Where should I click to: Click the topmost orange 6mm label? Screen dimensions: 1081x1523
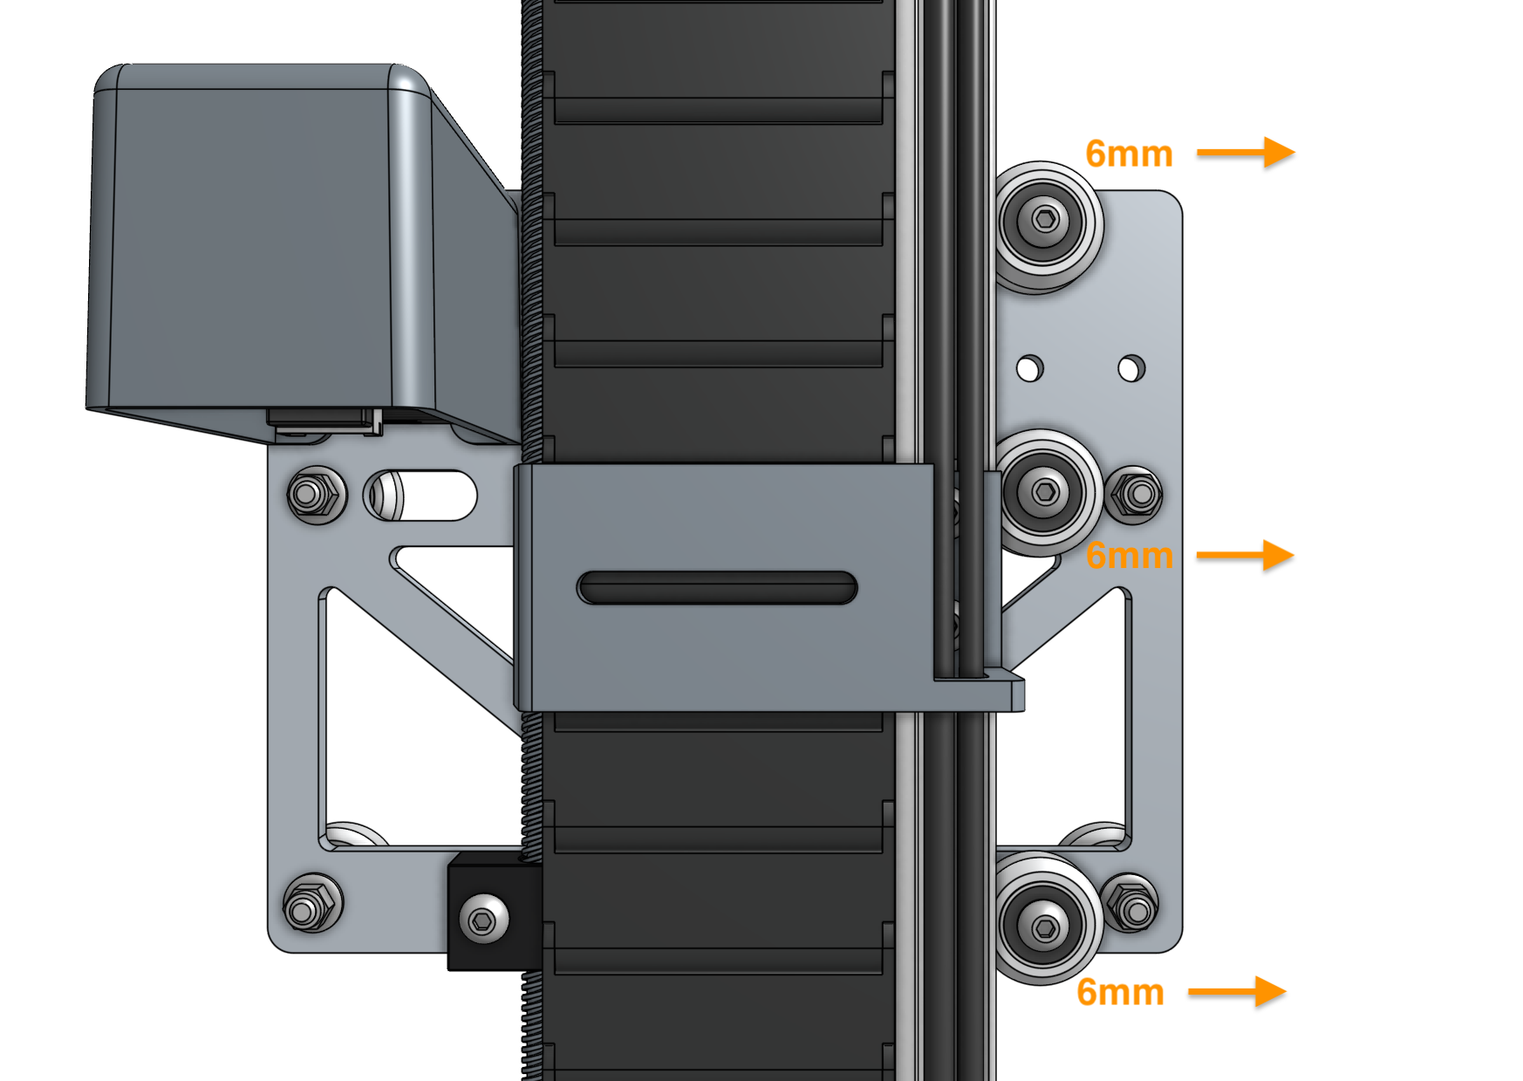click(1129, 154)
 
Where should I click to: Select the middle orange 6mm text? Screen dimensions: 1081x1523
click(1129, 556)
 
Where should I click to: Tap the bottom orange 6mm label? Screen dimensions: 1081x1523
click(1120, 992)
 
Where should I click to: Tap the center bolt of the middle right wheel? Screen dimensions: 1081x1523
click(1045, 492)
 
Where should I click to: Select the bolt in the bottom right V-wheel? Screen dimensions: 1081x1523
click(1045, 927)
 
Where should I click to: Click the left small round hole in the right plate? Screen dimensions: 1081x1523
click(1029, 367)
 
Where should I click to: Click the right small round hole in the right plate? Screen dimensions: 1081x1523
click(1131, 367)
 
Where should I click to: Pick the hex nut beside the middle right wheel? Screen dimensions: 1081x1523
click(1135, 495)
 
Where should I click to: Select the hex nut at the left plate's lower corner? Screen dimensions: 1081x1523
click(312, 904)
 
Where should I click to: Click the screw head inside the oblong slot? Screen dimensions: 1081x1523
click(385, 495)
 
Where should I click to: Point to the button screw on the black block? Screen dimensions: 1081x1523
click(482, 920)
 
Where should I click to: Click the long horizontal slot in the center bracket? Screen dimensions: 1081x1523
click(717, 587)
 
